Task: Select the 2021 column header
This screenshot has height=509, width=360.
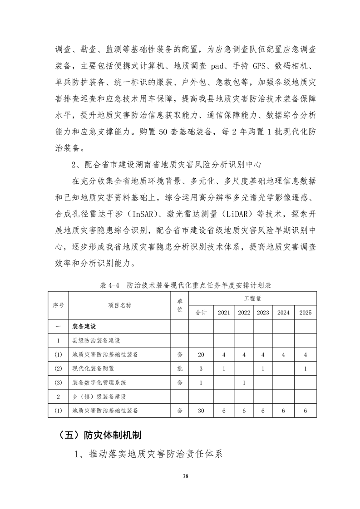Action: (x=224, y=313)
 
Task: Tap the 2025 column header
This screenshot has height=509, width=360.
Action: (x=305, y=313)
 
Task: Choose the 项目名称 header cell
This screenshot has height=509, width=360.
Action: (x=119, y=306)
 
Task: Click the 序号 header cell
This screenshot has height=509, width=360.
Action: (x=59, y=306)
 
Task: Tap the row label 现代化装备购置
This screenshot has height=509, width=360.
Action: (x=94, y=369)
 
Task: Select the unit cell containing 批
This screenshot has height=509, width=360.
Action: (x=180, y=369)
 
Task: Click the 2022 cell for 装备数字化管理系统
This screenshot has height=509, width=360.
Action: (x=244, y=383)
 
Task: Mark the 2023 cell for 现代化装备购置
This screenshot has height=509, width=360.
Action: (x=263, y=369)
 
